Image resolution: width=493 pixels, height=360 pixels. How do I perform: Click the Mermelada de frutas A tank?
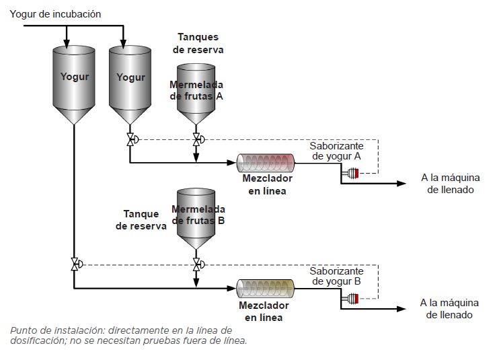(196, 91)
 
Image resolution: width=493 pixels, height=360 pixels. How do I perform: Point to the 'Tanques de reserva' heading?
(198, 43)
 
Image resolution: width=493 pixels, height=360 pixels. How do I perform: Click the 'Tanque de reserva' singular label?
(141, 220)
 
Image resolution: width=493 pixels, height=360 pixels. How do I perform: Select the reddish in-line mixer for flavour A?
(266, 161)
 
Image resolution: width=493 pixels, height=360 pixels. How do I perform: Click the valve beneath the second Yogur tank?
(130, 140)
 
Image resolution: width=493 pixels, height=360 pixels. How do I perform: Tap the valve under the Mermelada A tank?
(196, 140)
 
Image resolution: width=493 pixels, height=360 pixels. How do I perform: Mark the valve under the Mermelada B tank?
(196, 264)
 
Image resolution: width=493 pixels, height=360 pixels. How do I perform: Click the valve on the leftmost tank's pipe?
(73, 264)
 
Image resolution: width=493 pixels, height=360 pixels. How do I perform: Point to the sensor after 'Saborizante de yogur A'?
(350, 174)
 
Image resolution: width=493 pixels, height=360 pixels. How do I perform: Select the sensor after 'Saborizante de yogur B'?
(350, 298)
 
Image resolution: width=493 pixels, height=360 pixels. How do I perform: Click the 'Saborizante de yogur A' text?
(336, 151)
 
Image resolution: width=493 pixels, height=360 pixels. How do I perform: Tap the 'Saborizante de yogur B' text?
(336, 276)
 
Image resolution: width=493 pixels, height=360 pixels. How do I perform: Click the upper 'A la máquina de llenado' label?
(450, 184)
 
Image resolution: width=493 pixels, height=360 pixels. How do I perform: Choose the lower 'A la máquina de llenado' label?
(450, 308)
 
